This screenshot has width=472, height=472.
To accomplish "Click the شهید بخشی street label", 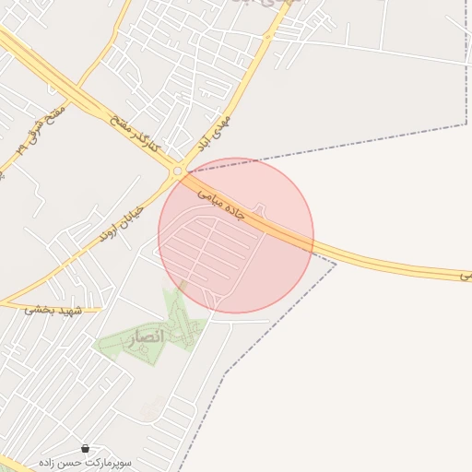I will pos(53,310).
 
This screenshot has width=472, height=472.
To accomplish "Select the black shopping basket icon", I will pos(86,447).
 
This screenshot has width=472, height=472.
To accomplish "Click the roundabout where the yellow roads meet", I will pos(177,171).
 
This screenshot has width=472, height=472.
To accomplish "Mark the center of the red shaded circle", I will pos(236,235).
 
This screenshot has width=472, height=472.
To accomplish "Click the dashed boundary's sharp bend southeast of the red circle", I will pos(336,265).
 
